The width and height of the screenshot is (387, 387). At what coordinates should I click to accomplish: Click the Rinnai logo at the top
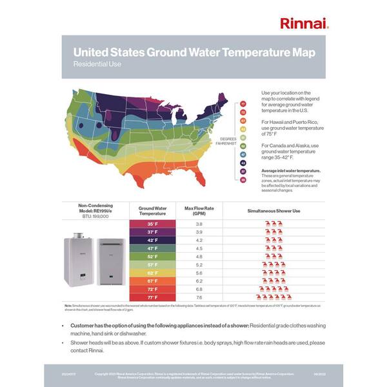click(x=304, y=24)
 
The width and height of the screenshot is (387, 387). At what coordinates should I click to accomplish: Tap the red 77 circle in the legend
click(x=244, y=104)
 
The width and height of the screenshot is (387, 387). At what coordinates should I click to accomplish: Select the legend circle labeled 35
click(x=244, y=180)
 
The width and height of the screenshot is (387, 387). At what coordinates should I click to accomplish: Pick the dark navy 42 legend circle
click(x=244, y=163)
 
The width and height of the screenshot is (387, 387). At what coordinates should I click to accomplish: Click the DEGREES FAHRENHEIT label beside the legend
click(x=230, y=141)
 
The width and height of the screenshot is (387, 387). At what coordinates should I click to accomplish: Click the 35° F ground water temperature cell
click(x=153, y=224)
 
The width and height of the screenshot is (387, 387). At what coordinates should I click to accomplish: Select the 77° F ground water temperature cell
click(x=153, y=297)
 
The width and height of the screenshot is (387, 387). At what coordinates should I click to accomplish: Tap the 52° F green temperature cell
click(x=153, y=256)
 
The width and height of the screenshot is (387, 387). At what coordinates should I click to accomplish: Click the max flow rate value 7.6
click(x=199, y=297)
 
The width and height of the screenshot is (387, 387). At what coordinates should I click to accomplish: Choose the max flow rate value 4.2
click(x=199, y=240)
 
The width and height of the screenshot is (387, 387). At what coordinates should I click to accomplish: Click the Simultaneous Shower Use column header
click(x=274, y=210)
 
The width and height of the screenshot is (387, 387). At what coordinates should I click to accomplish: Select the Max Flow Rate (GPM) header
click(x=199, y=210)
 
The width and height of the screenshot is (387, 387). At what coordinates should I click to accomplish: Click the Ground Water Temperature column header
click(x=153, y=210)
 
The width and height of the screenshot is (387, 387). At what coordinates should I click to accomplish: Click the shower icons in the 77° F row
click(x=274, y=297)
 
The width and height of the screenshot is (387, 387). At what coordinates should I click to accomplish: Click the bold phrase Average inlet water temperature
click(x=291, y=171)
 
